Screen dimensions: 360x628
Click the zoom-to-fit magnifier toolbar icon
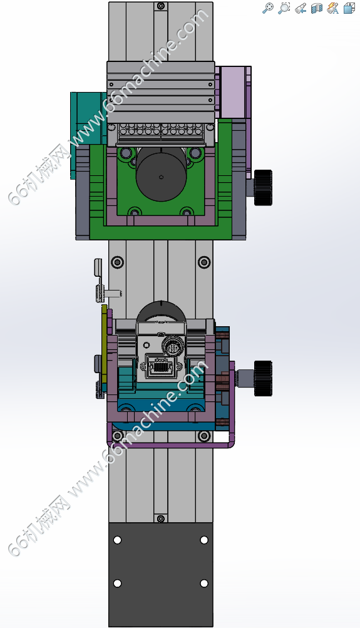268,8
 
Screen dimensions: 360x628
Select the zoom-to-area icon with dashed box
284,8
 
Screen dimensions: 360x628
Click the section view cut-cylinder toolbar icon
317,8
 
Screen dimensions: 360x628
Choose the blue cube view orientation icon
349,8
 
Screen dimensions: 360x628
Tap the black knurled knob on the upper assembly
263,187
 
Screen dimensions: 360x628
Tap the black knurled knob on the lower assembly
263,378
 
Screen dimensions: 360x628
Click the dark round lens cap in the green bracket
162,176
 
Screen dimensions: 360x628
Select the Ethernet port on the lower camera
160,366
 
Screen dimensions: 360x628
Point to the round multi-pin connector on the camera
173,345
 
